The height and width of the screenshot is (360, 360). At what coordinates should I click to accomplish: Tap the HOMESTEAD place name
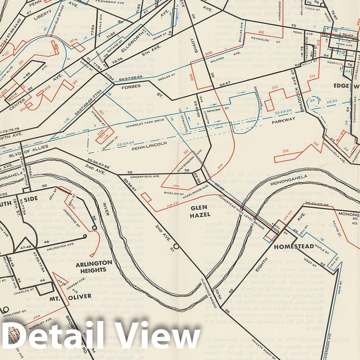[x=294, y=246]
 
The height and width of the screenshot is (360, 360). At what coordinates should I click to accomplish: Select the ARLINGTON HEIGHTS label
[x=94, y=266]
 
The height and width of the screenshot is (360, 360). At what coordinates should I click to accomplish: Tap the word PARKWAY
[x=283, y=119]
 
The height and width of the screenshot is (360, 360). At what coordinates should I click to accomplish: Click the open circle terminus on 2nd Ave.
[x=176, y=247]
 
